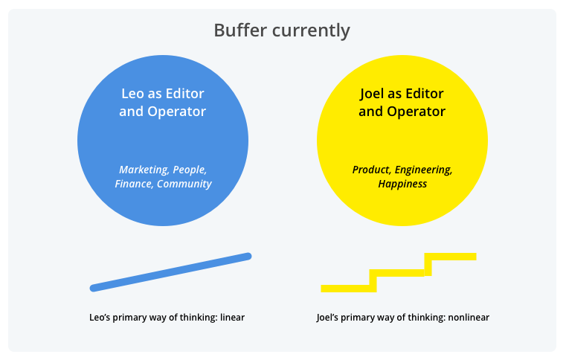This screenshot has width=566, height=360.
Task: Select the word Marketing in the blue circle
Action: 144,170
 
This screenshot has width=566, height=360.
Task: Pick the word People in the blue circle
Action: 190,170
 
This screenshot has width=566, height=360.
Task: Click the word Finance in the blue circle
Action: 133,184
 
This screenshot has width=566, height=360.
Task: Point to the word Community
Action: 184,184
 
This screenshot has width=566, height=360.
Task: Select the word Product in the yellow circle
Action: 370,170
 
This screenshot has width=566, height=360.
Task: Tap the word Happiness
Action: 402,184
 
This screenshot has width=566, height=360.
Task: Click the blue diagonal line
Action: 171,272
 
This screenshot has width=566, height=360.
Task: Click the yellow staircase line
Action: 398,272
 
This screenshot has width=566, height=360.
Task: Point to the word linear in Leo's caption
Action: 232,318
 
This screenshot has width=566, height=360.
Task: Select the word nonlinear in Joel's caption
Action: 469,318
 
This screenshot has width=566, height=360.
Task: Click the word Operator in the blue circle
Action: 176,112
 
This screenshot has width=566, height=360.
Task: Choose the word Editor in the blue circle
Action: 185,94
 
